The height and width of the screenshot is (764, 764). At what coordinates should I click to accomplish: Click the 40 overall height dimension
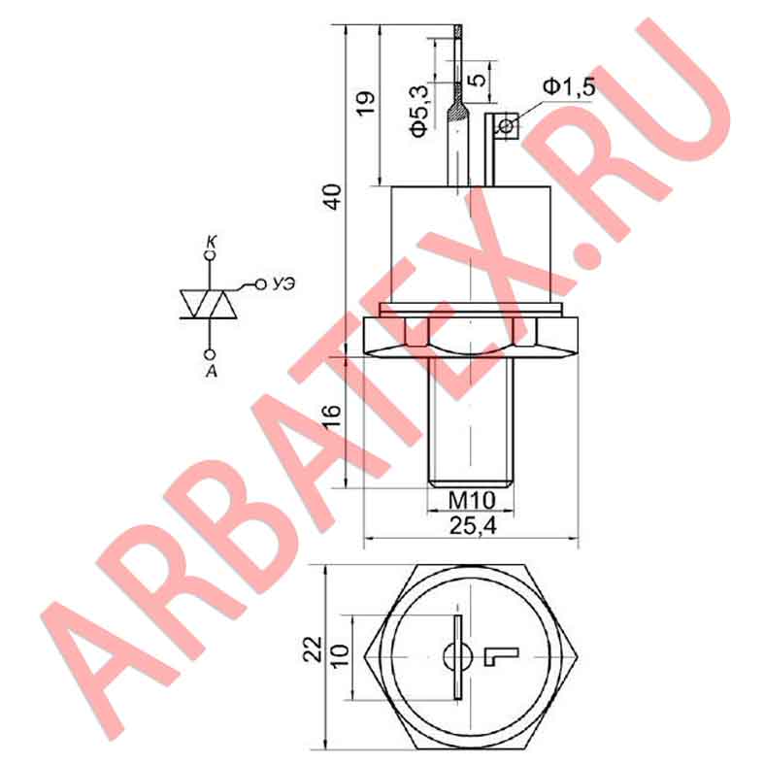(x=333, y=196)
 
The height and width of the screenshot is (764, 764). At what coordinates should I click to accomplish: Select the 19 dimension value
(x=366, y=103)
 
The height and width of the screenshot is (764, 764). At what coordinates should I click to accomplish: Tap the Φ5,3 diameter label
(x=419, y=110)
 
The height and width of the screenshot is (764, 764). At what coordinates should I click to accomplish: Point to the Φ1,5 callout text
(x=569, y=87)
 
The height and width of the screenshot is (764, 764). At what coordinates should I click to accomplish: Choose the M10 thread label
(x=471, y=500)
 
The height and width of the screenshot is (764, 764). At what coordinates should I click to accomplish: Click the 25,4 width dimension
(x=473, y=526)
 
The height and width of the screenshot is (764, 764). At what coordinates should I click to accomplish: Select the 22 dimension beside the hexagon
(x=313, y=649)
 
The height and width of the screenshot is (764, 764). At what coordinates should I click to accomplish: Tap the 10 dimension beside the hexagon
(x=342, y=656)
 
